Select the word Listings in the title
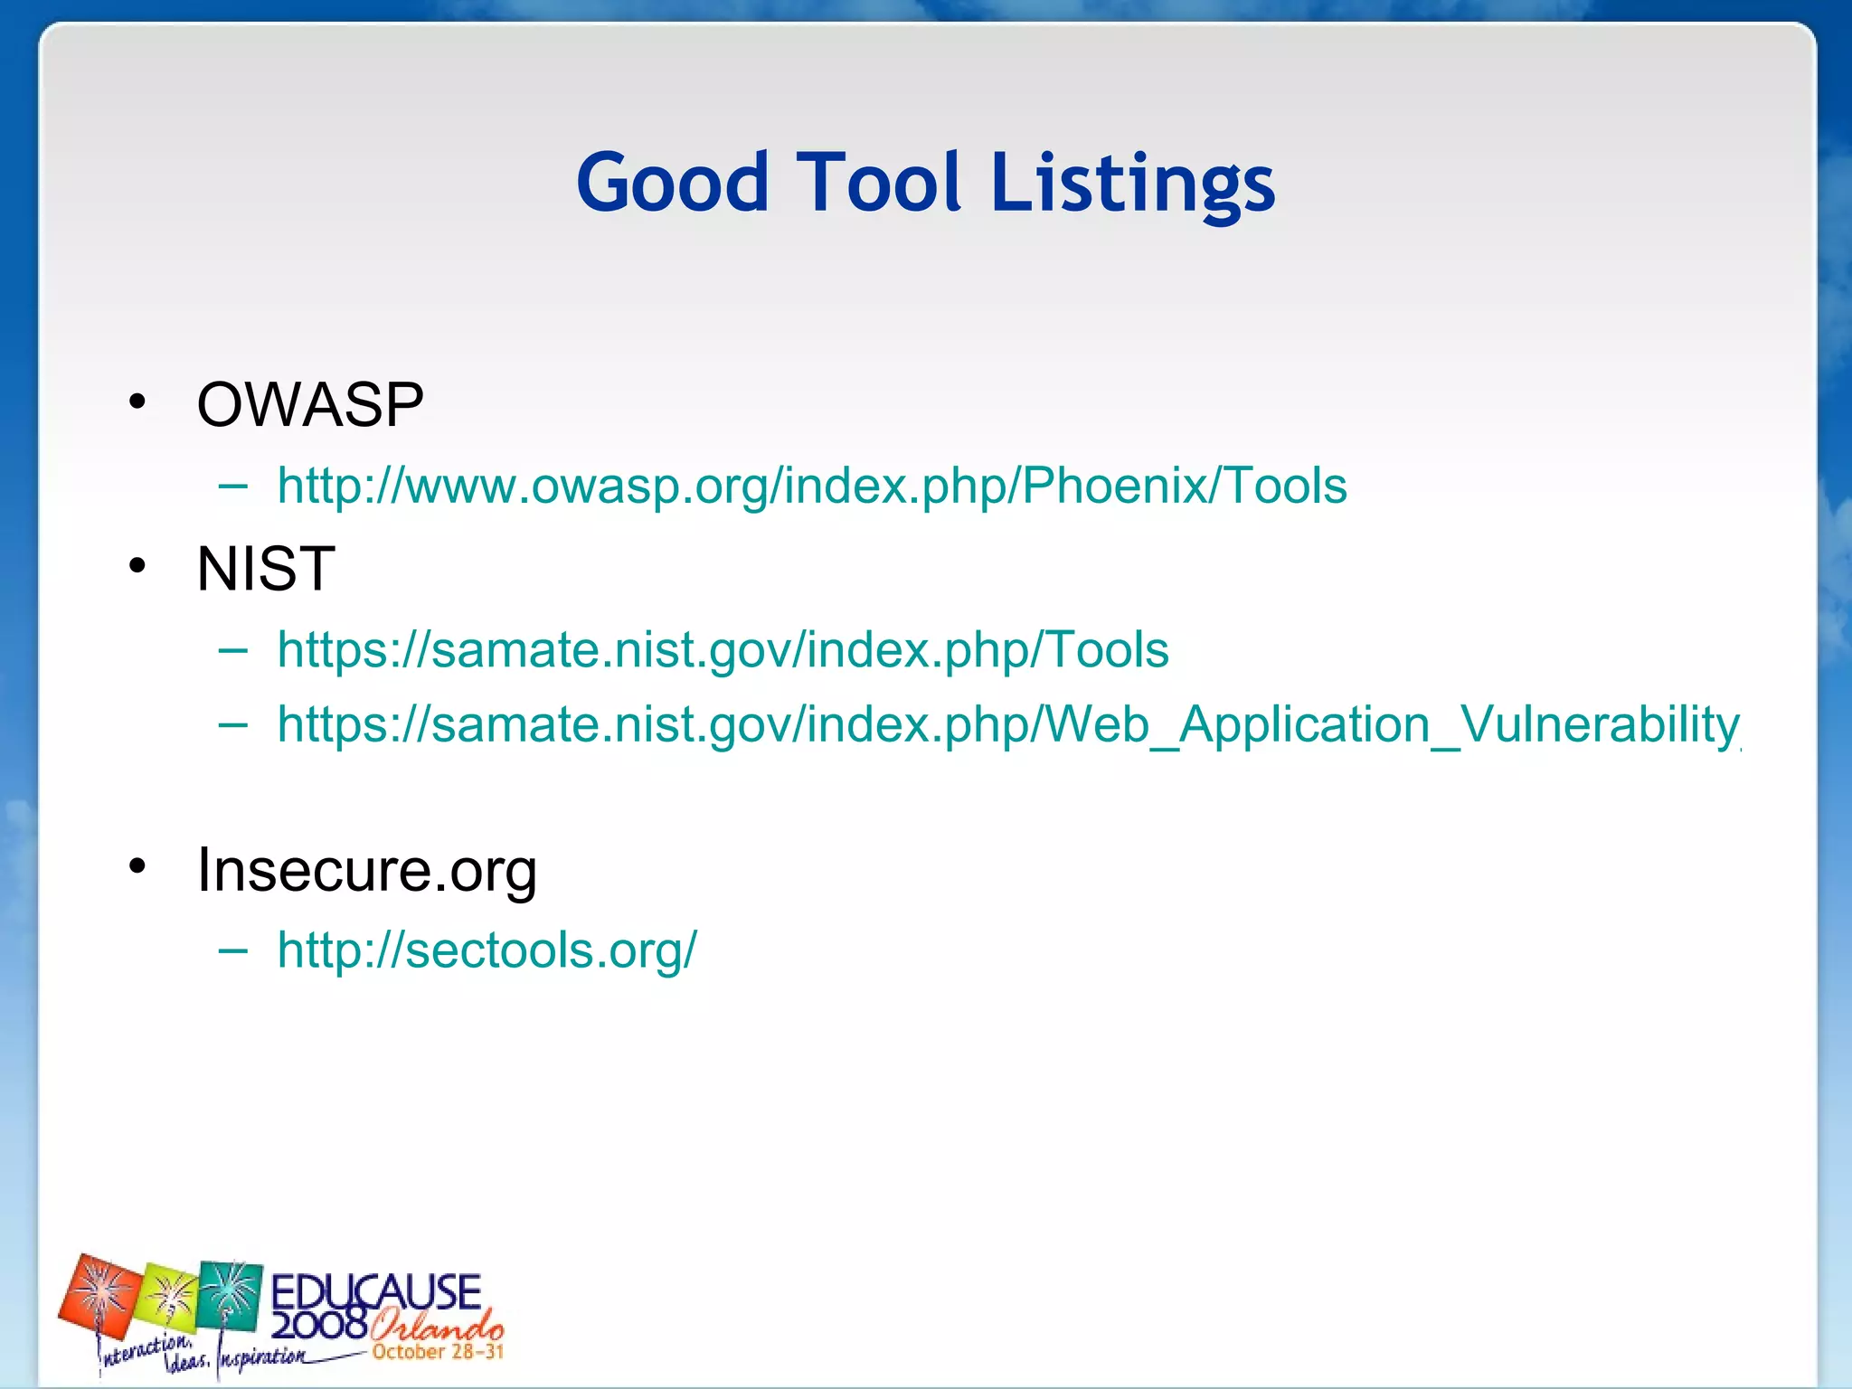(x=1132, y=184)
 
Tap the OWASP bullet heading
(x=310, y=404)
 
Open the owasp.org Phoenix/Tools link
(x=811, y=487)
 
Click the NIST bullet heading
(x=266, y=569)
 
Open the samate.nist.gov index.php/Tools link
(x=723, y=650)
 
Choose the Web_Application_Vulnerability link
(x=1007, y=725)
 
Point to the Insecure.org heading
(x=367, y=870)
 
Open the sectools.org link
(x=487, y=950)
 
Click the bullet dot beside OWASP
(x=137, y=402)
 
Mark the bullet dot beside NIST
(x=137, y=566)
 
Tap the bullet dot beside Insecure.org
(x=137, y=866)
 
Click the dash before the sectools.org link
(x=233, y=950)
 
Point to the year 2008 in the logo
(x=319, y=1325)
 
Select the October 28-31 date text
(x=437, y=1352)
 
